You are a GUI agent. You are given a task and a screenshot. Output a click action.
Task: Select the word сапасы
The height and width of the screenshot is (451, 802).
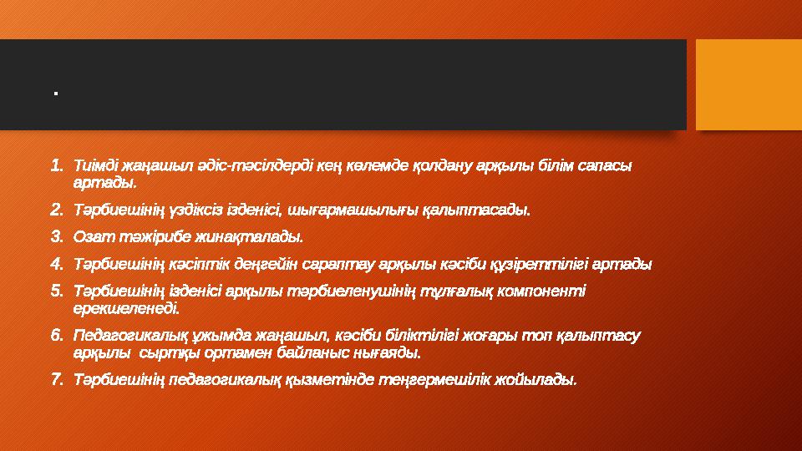coord(607,165)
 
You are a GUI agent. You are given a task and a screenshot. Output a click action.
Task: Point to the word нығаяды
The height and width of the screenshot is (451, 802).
coord(389,353)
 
